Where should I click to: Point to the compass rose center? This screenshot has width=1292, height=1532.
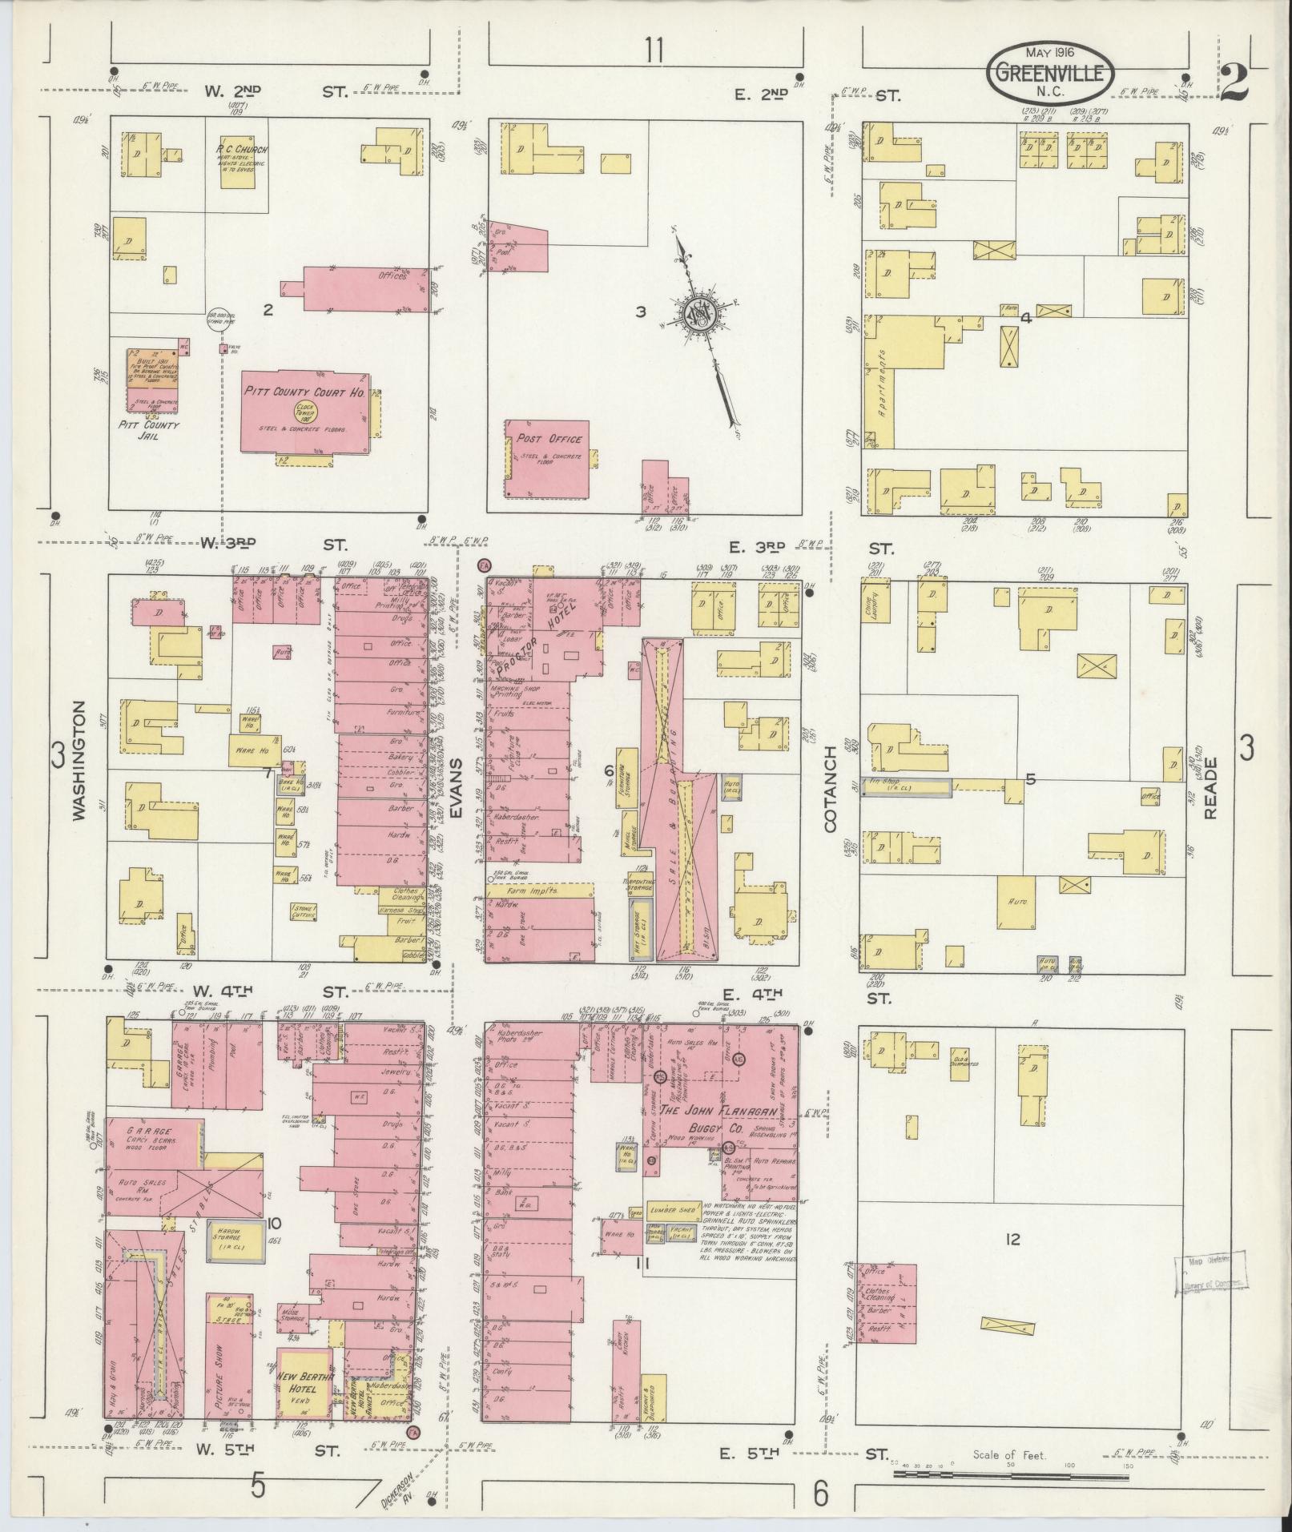696,313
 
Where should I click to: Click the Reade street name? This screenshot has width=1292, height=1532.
1210,787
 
